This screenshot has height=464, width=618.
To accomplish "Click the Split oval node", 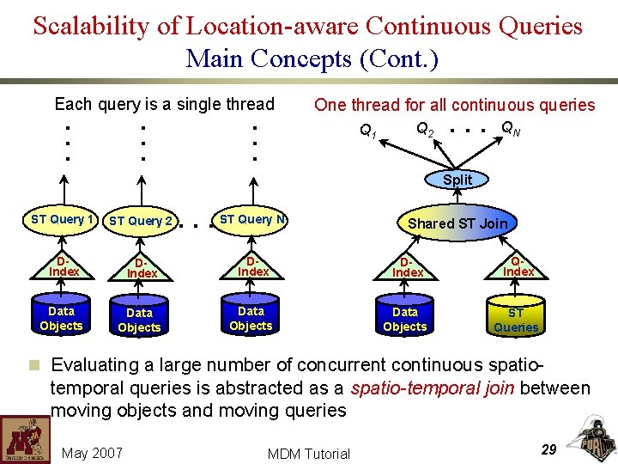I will click(457, 180).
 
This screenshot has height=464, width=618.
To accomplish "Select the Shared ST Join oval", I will click(457, 223).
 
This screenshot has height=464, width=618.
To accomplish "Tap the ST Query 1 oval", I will click(62, 219).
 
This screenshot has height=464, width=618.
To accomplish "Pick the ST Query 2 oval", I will click(141, 221).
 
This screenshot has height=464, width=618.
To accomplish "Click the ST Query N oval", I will click(251, 219).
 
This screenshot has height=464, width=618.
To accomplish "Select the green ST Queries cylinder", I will click(516, 319).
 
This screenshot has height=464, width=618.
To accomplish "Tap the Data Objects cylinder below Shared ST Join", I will click(404, 319).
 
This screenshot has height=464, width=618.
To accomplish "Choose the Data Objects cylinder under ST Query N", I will click(251, 317).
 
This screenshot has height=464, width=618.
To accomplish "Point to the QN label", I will click(508, 129).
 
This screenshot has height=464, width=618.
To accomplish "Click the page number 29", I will click(549, 450).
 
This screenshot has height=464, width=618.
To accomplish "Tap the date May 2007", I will click(93, 453).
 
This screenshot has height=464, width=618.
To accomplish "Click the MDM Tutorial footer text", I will click(309, 454).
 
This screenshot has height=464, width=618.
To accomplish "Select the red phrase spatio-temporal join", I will click(433, 388).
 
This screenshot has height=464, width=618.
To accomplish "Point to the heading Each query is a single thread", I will click(164, 105).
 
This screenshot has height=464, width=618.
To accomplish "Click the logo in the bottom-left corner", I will click(24, 439).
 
